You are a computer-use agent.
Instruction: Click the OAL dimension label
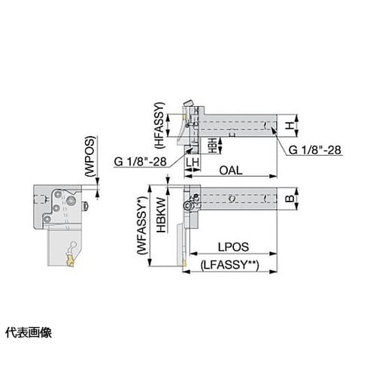(231, 171)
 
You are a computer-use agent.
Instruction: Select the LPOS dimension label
(233, 247)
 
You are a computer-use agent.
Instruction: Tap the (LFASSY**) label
(230, 265)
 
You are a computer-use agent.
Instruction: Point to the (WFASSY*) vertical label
(142, 226)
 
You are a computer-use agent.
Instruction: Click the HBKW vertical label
(161, 215)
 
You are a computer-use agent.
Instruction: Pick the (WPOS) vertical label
(89, 156)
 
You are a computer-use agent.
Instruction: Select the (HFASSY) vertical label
(160, 126)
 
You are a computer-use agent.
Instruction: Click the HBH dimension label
(213, 145)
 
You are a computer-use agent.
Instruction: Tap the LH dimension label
(193, 162)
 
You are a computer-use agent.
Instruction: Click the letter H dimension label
(290, 126)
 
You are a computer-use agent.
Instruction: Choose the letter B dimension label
(290, 199)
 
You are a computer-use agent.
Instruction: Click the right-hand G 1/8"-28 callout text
(315, 150)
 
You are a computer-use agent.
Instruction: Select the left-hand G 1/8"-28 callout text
(140, 162)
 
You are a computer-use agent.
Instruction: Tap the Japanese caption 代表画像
(29, 332)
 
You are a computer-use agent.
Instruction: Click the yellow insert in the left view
(70, 260)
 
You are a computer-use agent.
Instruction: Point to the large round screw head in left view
(71, 201)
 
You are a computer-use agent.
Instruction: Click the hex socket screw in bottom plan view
(189, 205)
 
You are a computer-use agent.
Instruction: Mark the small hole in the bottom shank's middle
(232, 199)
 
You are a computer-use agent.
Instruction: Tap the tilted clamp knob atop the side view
(189, 103)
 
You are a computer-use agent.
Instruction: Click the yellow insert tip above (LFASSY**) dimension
(184, 263)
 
